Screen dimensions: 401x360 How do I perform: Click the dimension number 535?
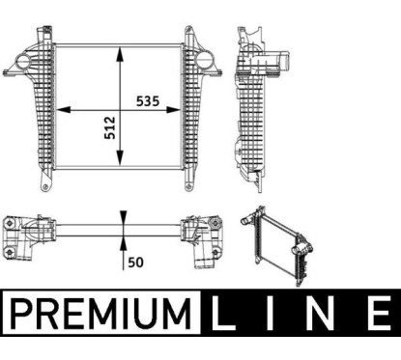pos(148,101)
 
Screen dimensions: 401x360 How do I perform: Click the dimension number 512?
pos(110,127)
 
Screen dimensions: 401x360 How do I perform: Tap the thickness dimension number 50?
pos(135,263)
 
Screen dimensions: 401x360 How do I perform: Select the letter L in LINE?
pos(222,313)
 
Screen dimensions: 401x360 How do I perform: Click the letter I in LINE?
pos(269,313)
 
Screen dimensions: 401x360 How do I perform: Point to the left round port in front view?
pos(23,62)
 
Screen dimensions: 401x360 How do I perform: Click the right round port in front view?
pos(204,61)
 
